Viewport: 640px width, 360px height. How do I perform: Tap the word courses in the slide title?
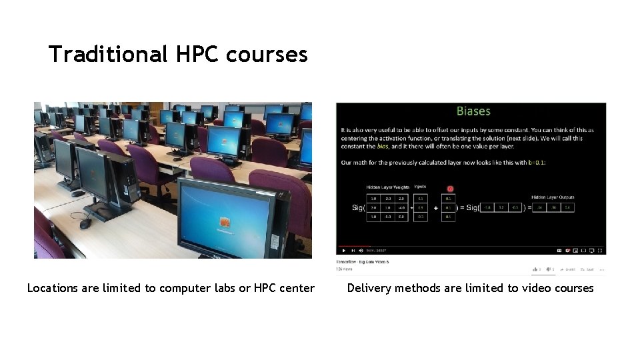click(x=267, y=54)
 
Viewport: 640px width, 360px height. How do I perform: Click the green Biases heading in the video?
click(x=473, y=111)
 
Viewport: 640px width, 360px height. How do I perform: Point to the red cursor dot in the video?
click(x=450, y=189)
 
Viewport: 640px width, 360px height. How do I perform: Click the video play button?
click(x=344, y=251)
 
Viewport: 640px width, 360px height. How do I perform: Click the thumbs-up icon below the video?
click(x=535, y=269)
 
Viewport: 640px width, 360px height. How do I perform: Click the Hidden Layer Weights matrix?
click(x=387, y=207)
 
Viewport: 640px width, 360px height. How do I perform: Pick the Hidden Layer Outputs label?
click(x=553, y=197)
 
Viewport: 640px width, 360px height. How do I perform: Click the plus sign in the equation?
click(x=436, y=208)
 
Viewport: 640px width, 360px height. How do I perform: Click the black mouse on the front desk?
click(x=85, y=224)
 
